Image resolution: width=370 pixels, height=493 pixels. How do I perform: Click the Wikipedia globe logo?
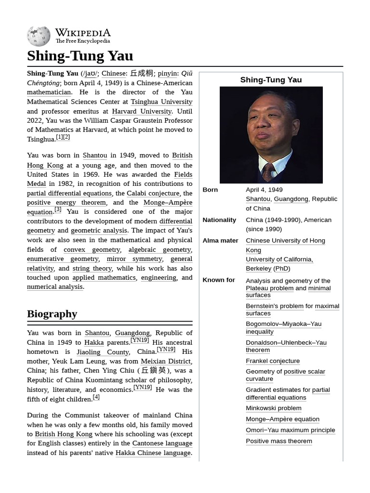click(39, 36)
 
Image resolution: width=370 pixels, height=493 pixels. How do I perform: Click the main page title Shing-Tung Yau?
click(80, 56)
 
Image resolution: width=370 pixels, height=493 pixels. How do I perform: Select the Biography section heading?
click(52, 314)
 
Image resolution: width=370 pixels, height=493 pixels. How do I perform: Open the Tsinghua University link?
click(161, 102)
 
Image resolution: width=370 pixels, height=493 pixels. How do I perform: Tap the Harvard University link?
click(142, 111)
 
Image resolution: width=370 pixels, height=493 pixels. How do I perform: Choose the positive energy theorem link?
click(66, 203)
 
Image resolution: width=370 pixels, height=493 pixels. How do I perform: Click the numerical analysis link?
click(55, 287)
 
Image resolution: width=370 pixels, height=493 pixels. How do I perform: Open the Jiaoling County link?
click(103, 352)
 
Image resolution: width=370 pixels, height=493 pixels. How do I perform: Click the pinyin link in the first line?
click(168, 74)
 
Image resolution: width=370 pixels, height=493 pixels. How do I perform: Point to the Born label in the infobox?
click(210, 190)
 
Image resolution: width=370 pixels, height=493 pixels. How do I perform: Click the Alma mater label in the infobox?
click(220, 241)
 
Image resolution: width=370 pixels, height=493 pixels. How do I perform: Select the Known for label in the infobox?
click(219, 280)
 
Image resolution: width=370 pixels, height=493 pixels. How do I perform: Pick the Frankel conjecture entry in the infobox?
click(273, 361)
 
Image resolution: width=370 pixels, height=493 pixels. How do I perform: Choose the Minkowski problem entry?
click(274, 408)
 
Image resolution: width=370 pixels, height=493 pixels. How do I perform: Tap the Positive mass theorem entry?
click(279, 441)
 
